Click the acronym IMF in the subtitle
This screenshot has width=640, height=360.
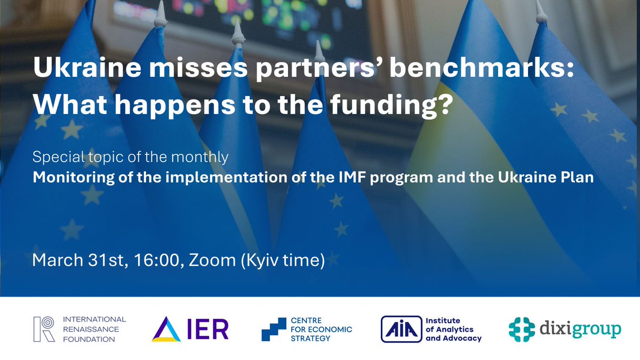click(353, 177)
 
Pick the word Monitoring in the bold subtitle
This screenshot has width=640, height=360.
click(74, 178)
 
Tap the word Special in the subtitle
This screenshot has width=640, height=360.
click(58, 157)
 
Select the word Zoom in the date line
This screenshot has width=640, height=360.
click(212, 260)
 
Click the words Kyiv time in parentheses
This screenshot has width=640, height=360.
click(283, 261)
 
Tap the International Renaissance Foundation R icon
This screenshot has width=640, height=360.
click(44, 329)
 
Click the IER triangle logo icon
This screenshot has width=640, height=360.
click(166, 329)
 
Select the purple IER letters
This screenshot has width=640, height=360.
click(207, 329)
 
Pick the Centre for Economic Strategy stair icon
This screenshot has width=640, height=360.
click(274, 329)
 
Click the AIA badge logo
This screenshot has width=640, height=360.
click(402, 329)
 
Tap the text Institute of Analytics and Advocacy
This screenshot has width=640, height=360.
click(453, 330)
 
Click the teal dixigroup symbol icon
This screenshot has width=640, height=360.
click(522, 330)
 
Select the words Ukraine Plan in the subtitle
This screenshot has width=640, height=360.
click(546, 178)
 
